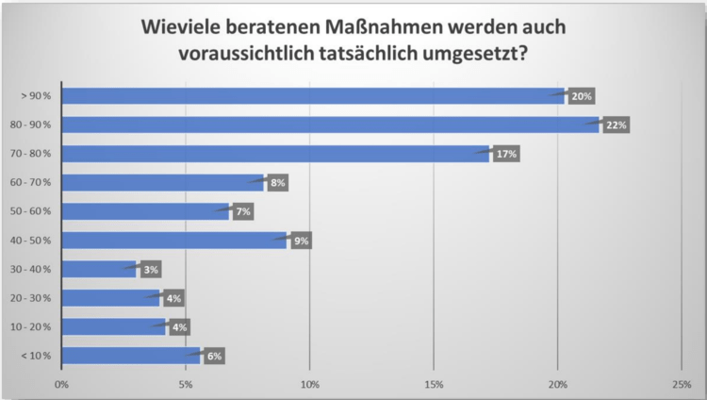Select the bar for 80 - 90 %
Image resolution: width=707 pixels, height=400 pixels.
click(330, 125)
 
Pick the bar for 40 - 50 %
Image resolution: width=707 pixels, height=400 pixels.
click(174, 241)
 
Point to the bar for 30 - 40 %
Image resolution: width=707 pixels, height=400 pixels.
click(100, 269)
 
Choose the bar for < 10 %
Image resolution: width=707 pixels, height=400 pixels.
click(131, 356)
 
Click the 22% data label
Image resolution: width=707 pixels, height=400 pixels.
click(616, 125)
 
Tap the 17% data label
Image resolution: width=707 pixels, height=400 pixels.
click(506, 154)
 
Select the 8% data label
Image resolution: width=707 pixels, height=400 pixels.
click(277, 183)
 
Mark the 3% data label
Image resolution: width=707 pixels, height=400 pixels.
click(151, 270)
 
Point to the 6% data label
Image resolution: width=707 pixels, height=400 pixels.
click(213, 356)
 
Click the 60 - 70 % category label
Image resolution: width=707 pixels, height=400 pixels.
click(35, 182)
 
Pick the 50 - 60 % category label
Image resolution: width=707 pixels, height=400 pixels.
click(35, 211)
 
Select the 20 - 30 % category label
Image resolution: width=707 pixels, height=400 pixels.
click(35, 298)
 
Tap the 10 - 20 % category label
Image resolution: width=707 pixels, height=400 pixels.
click(35, 326)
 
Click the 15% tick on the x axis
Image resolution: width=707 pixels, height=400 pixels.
click(434, 383)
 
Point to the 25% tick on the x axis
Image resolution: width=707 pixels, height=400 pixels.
click(682, 383)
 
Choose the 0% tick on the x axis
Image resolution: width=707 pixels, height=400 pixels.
click(62, 383)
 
